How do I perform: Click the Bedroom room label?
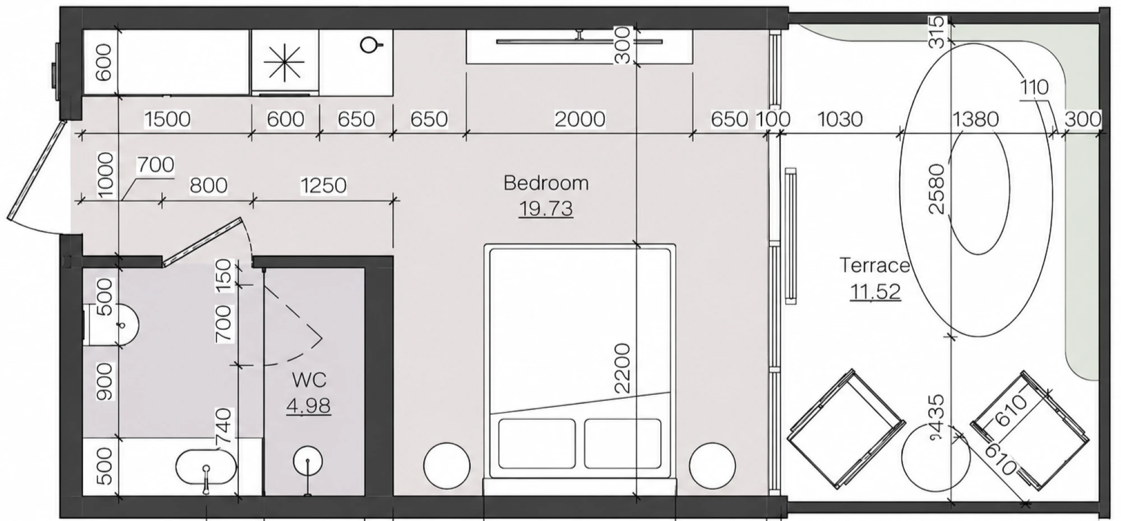click(x=546, y=183)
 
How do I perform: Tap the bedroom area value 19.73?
click(x=546, y=209)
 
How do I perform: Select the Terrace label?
click(x=874, y=265)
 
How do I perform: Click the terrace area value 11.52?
click(x=876, y=292)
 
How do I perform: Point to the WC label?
click(x=309, y=380)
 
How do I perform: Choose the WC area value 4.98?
click(x=308, y=405)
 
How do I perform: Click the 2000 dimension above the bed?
click(x=580, y=119)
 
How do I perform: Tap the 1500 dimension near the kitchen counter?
click(x=167, y=119)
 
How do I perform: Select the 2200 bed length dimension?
click(x=623, y=368)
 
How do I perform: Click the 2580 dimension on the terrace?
click(x=937, y=188)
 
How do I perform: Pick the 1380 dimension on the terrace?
click(x=975, y=119)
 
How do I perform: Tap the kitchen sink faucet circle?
click(x=369, y=44)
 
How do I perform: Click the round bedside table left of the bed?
click(x=447, y=466)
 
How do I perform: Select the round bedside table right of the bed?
click(x=712, y=466)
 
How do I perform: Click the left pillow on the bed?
click(x=536, y=443)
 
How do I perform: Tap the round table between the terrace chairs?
click(x=935, y=457)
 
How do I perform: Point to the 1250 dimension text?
click(x=323, y=185)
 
